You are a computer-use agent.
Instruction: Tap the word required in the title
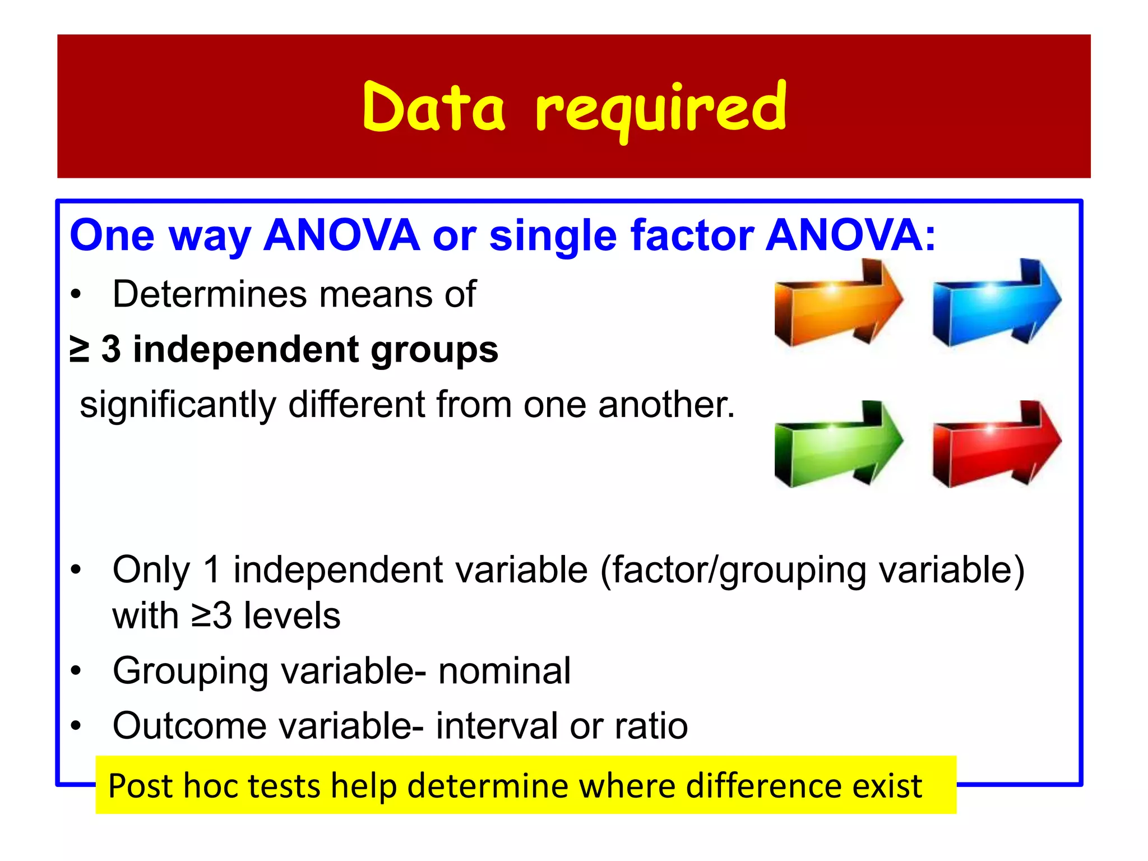[x=660, y=109]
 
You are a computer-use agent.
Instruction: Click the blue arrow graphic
[x=996, y=303]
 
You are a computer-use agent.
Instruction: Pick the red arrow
[x=996, y=444]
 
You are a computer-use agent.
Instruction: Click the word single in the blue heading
[x=553, y=236]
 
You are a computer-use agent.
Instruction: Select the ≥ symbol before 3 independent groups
[x=80, y=349]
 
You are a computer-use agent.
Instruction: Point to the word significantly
[x=178, y=405]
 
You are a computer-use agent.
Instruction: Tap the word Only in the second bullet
[x=151, y=571]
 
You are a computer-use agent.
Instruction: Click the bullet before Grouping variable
[x=76, y=671]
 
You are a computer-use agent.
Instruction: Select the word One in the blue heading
[x=112, y=236]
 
